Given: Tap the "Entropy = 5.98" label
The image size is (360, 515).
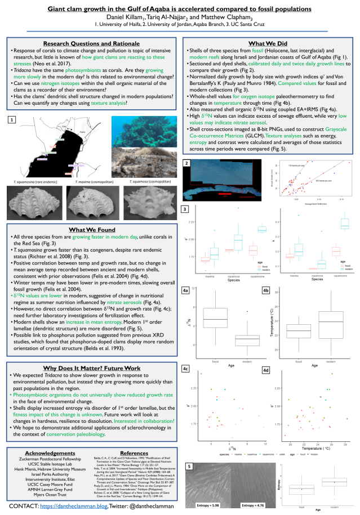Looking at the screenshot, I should point(207,505).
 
